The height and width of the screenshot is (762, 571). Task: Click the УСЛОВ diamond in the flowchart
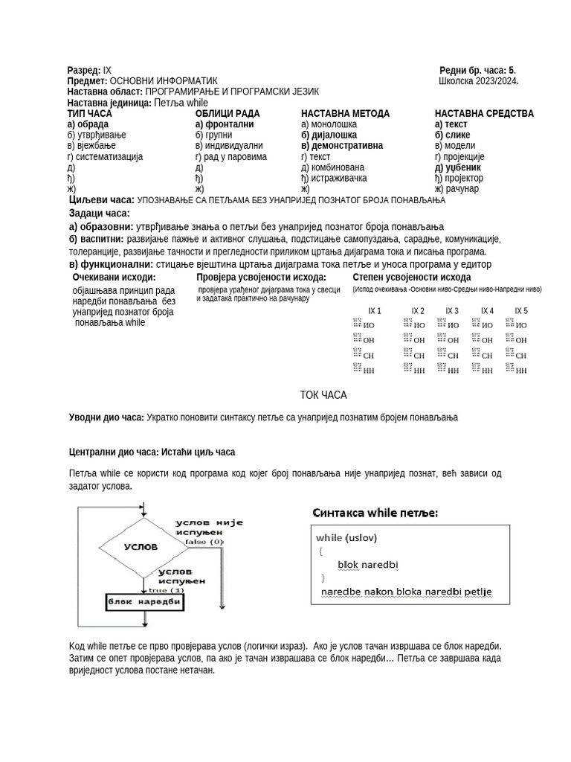141,546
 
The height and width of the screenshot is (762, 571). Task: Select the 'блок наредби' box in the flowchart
143,601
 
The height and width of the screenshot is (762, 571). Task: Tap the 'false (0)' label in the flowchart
204,542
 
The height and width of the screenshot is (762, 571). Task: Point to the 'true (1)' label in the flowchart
167,589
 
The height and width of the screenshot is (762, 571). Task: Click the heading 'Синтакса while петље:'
375,513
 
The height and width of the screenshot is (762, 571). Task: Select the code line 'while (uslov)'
346,537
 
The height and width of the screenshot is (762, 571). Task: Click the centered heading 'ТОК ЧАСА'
323,394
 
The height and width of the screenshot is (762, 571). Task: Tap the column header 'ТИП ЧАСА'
90,114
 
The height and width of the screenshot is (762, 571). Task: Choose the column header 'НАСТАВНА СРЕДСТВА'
484,114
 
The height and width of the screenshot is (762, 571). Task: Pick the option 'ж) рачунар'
457,189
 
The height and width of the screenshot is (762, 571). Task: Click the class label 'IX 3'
452,311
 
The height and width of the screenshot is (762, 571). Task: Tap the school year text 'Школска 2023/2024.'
479,81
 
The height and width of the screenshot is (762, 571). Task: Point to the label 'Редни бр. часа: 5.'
477,71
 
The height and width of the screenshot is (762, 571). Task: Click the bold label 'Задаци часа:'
99,214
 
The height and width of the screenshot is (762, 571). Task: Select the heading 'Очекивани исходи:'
114,277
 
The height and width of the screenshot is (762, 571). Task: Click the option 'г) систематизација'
105,157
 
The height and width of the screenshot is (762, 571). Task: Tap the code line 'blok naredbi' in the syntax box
368,565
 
